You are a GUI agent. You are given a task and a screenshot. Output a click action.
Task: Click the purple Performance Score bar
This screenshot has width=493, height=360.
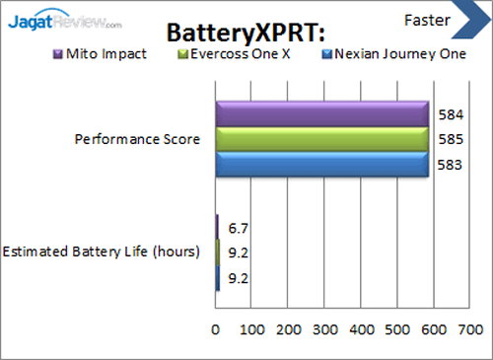coord(321,113)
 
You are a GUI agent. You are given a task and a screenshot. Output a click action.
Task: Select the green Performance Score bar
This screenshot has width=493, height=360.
coord(321,139)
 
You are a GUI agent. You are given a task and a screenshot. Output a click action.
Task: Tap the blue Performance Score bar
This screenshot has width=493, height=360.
coord(321,165)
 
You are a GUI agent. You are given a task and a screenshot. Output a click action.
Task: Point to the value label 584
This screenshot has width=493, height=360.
coord(447,115)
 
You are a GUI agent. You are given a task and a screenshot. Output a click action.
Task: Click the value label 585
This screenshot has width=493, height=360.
coord(447,140)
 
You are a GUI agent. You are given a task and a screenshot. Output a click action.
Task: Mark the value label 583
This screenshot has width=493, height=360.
coord(447,165)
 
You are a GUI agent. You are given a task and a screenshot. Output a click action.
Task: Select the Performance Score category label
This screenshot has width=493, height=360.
coord(138,139)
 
